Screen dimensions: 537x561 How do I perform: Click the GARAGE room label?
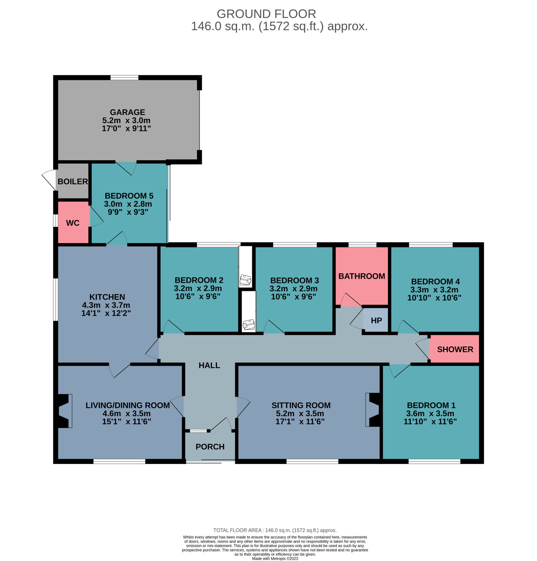[x=127, y=112]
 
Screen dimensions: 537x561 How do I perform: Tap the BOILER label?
[x=73, y=181]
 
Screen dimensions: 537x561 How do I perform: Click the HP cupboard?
[x=376, y=320]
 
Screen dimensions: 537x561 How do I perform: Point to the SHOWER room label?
[x=455, y=349]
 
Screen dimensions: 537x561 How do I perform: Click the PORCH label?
[x=210, y=447]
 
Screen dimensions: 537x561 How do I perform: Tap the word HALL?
[x=209, y=365]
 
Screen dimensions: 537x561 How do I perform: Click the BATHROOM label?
[x=362, y=276]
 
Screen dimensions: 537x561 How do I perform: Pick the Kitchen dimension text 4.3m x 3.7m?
[x=106, y=305]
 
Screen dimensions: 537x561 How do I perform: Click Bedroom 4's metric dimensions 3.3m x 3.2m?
[x=434, y=289]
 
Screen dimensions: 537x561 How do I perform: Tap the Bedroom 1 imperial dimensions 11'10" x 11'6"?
[x=430, y=421]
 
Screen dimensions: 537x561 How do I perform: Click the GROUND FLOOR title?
[x=266, y=14]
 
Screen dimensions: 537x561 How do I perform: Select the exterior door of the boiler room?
[x=49, y=180]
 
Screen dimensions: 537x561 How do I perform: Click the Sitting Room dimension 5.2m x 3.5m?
[x=300, y=413]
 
